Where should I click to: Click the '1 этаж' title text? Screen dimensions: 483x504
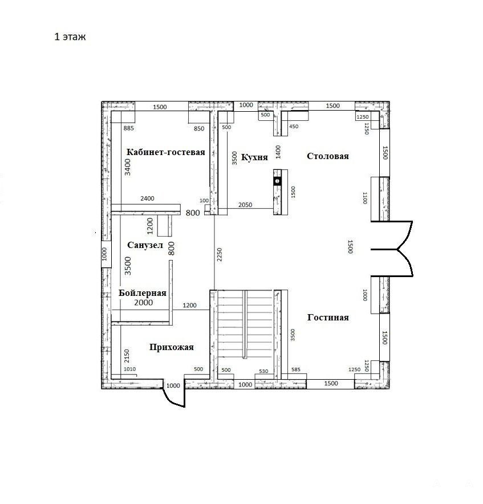pos(70,37)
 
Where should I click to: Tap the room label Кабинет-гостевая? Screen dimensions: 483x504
pos(165,152)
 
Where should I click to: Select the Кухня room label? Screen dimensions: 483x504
pos(254,157)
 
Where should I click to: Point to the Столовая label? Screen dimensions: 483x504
pos(328,156)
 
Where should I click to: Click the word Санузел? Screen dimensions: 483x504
pos(145,245)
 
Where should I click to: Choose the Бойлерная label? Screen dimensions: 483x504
pos(143,293)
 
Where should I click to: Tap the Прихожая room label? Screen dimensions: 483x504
pos(172,347)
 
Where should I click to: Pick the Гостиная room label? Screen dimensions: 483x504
pos(328,318)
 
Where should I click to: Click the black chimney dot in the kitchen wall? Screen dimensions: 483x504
pos(277,181)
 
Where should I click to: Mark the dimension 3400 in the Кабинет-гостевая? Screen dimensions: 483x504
pos(128,167)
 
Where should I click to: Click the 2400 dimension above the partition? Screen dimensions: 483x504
pos(147,198)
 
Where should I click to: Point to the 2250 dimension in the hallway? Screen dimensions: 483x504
pos(220,254)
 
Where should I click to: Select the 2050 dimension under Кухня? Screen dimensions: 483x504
pos(245,205)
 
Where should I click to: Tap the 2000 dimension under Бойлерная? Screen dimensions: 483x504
pos(144,303)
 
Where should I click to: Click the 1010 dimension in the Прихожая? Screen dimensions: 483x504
pos(129,369)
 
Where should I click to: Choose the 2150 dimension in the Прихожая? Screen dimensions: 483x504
pos(127,356)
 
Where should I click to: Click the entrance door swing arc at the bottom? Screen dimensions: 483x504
pos(171,399)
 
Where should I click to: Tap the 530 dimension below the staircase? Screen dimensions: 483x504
pos(263,371)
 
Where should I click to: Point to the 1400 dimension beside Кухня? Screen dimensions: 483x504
pos(278,152)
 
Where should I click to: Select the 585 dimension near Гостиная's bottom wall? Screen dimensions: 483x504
pos(296,369)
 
